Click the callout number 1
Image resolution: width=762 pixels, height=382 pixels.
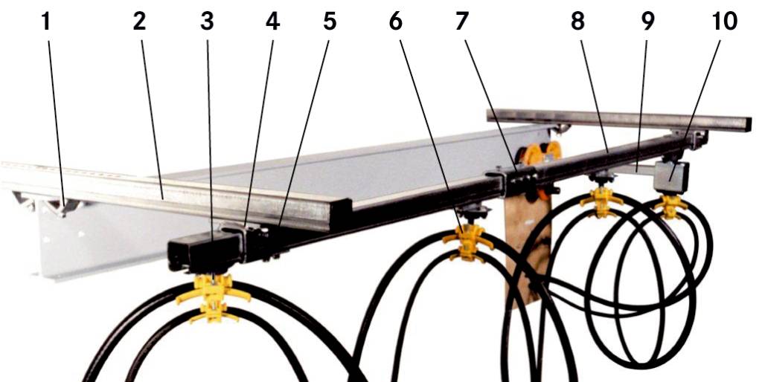(47, 22)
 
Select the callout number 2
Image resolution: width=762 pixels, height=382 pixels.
(139, 22)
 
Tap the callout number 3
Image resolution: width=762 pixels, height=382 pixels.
(207, 22)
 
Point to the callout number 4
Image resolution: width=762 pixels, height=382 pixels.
(272, 22)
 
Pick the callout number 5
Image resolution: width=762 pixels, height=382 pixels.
(329, 22)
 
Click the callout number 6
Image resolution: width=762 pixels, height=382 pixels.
(395, 22)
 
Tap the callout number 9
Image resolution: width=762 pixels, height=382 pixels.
(647, 22)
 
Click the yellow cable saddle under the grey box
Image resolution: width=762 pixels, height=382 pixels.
(671, 206)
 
